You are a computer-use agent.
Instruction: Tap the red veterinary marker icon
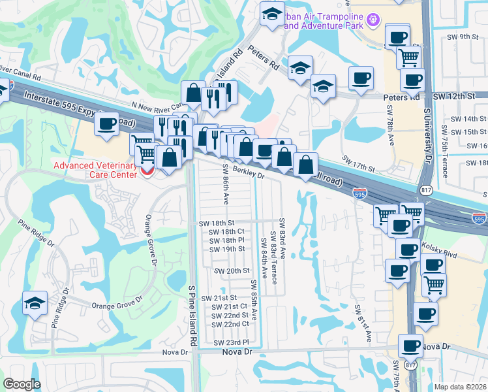tap(147, 173)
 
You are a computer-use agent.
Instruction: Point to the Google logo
tap(22, 384)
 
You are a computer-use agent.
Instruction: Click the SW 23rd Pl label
tap(232, 342)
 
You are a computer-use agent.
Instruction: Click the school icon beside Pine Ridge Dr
tap(35, 303)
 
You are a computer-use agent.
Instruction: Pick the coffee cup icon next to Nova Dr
tap(411, 346)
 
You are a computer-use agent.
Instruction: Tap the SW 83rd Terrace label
tap(275, 260)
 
